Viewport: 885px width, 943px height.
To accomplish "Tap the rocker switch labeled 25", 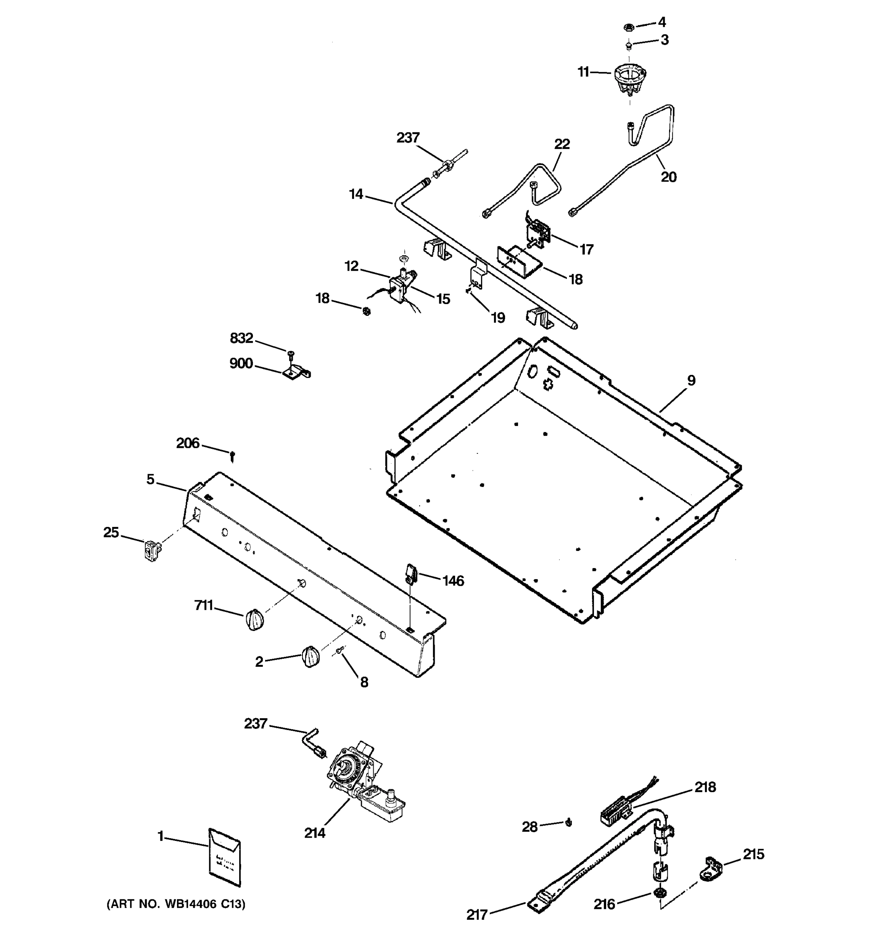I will pos(151,552).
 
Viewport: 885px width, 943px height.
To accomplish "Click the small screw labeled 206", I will pos(232,456).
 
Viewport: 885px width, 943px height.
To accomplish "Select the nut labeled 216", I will pos(658,893).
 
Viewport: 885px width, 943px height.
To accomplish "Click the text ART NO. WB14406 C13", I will pos(176,904).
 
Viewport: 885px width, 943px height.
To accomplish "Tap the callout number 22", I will pos(562,144).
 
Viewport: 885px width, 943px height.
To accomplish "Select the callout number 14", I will pos(356,194).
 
